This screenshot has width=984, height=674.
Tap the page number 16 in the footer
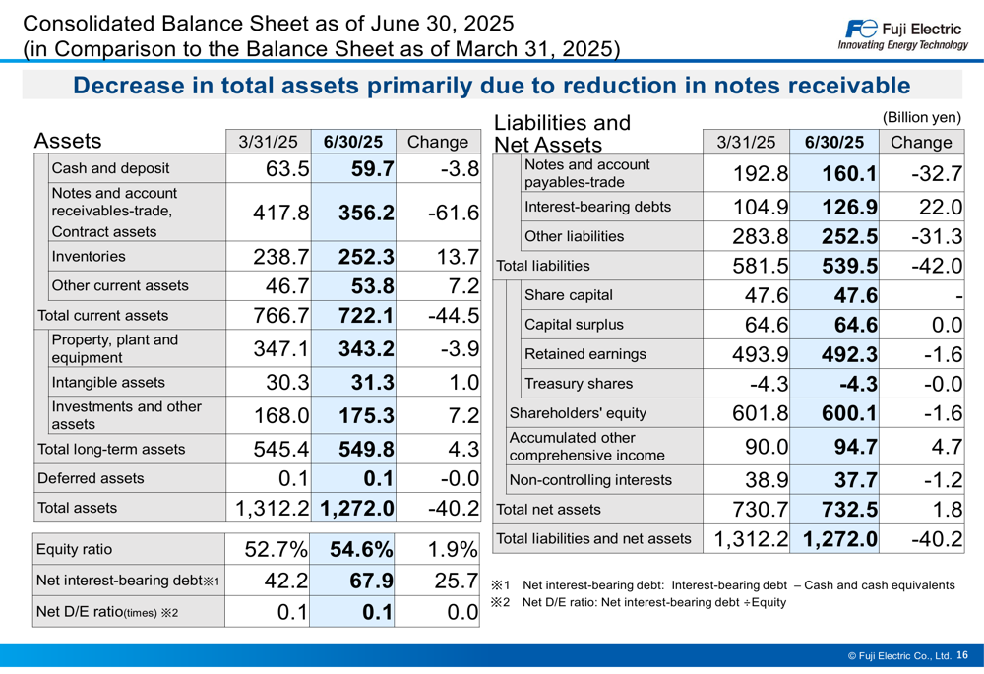[x=961, y=654]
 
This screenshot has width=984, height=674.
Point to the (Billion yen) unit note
[x=922, y=117]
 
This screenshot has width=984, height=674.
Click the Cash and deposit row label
[x=110, y=168]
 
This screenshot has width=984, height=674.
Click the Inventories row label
[x=89, y=257]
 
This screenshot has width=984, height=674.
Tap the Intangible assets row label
[x=108, y=383]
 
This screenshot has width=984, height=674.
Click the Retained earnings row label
[x=585, y=354]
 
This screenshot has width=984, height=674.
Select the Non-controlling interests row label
[x=589, y=480]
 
